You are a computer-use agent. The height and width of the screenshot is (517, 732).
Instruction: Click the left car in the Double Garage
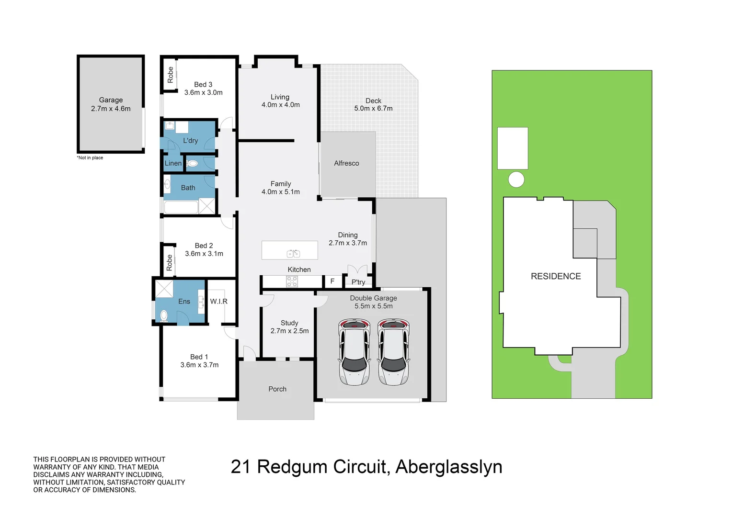click(354, 352)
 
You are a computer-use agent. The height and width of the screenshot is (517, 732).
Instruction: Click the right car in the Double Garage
click(393, 352)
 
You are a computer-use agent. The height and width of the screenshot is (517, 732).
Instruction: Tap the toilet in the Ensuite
click(164, 316)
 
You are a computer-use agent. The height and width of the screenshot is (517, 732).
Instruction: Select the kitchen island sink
click(293, 253)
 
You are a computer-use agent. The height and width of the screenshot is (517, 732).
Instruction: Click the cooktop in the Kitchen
click(292, 281)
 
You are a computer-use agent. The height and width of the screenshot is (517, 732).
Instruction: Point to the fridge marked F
click(332, 281)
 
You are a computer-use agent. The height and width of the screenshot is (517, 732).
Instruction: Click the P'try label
click(358, 282)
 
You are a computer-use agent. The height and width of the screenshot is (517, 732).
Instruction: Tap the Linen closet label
click(173, 163)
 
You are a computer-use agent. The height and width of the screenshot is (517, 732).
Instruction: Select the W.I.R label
click(218, 302)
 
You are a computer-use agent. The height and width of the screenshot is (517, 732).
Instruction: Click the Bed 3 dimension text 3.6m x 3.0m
click(203, 92)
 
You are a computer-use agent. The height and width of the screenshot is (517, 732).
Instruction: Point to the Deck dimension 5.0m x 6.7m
click(373, 109)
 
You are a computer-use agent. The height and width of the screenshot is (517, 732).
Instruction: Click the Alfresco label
click(346, 163)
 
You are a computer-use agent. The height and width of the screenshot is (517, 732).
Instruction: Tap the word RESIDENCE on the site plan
click(556, 276)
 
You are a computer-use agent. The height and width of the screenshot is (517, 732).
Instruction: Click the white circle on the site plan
click(516, 180)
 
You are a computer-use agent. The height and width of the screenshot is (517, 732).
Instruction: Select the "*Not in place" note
click(90, 158)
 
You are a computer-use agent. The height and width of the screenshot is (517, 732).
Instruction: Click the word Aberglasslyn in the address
click(449, 467)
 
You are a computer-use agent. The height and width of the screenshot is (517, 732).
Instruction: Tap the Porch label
click(277, 389)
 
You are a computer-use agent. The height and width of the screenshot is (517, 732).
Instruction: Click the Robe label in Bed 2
click(169, 263)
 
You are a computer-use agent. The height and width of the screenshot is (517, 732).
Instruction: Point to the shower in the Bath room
click(207, 206)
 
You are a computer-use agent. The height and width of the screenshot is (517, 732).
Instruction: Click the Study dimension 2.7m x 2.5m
click(289, 331)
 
